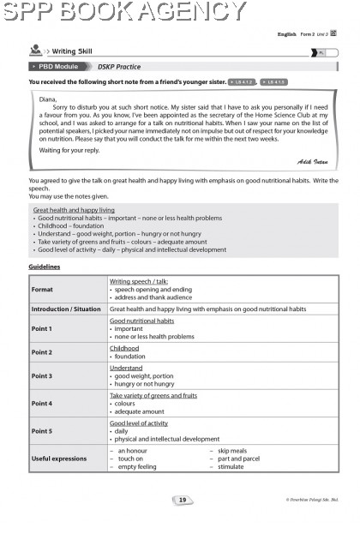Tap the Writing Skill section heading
click(75, 52)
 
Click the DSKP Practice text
click(118, 67)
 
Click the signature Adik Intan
click(312, 161)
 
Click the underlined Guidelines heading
click(44, 267)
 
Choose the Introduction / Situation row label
click(66, 309)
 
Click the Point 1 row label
click(42, 328)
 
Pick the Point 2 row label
click(42, 352)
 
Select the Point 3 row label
click(42, 375)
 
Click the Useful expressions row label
click(59, 459)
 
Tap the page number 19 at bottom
click(182, 500)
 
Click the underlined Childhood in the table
click(124, 348)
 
